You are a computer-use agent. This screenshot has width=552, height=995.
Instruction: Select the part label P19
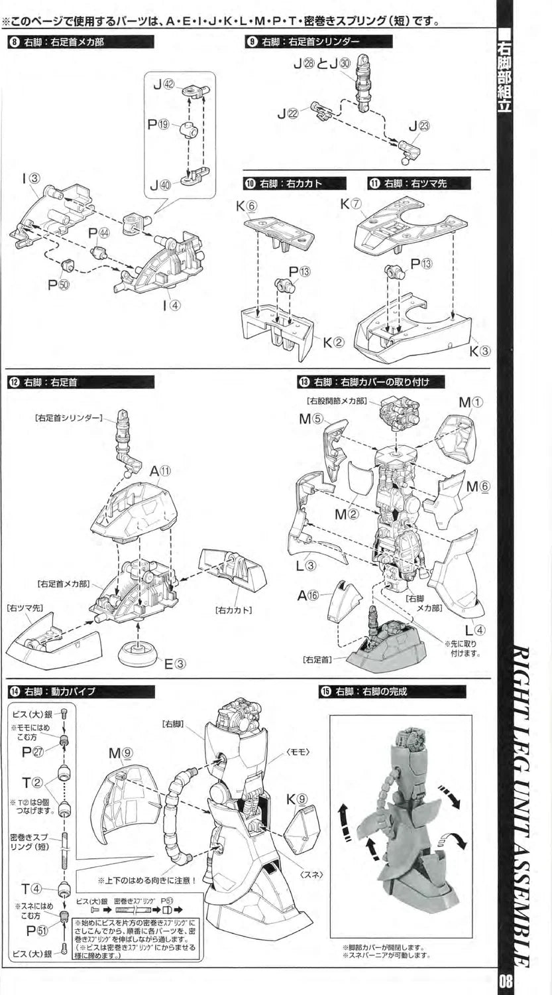pos(159,124)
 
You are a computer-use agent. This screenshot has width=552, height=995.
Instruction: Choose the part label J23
pos(419,126)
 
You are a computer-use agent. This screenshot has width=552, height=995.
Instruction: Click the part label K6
pos(246,206)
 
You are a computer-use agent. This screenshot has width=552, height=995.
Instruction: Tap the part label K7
pos(351,204)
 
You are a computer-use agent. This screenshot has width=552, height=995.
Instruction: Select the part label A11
pos(160,471)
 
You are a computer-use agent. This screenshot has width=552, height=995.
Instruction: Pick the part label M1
pos(472,402)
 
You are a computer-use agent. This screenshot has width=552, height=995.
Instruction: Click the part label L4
pos(475,630)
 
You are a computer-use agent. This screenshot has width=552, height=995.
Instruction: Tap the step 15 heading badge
pos(325,691)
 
